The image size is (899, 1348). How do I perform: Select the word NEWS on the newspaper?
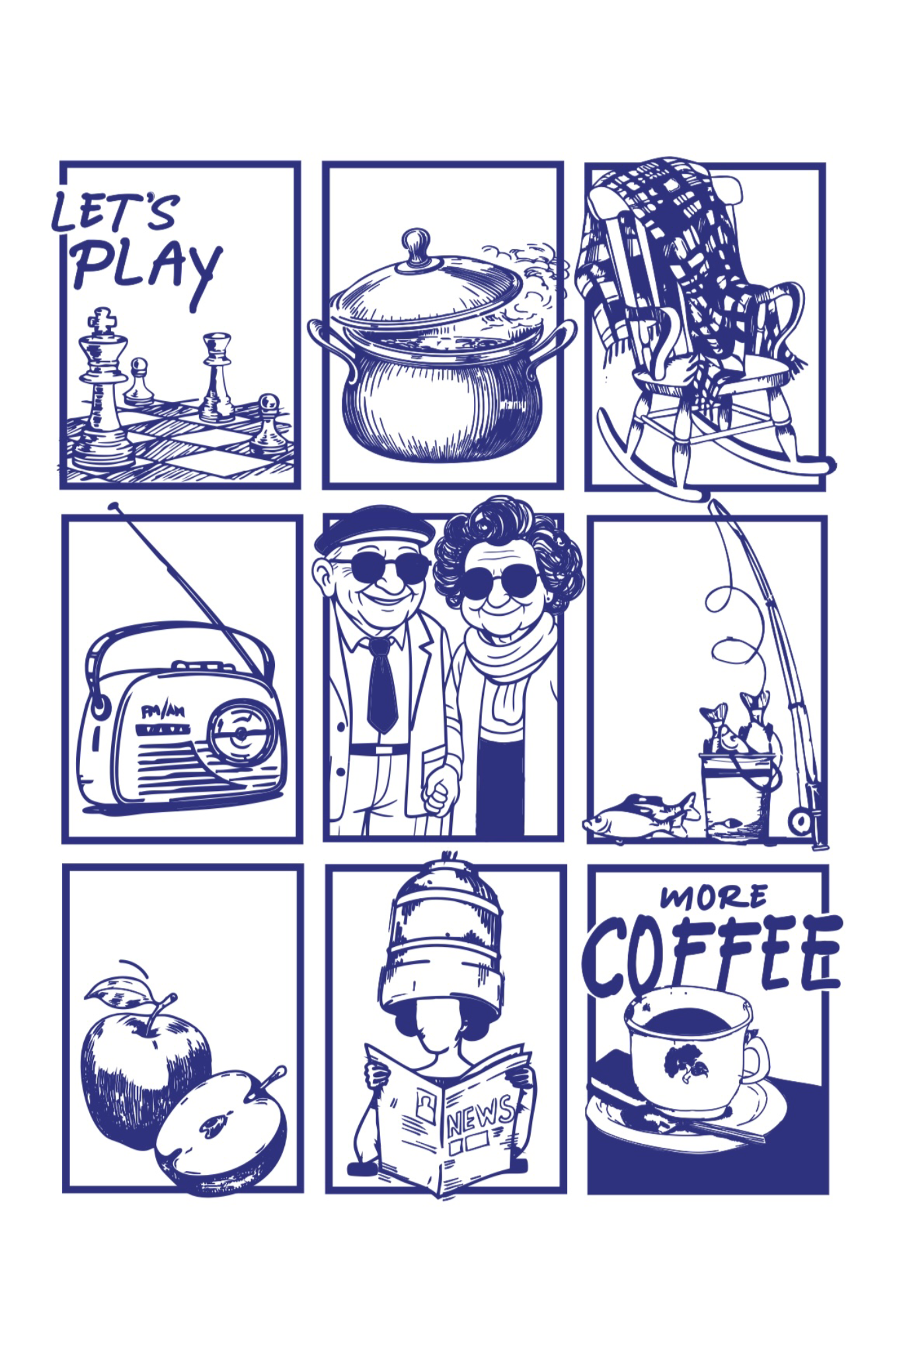point(481,1117)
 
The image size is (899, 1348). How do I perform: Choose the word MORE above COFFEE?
point(714,897)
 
